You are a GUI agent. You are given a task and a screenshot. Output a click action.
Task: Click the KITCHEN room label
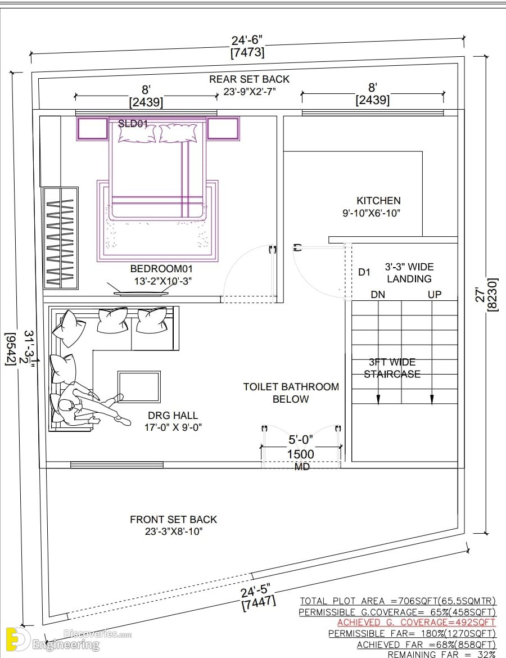378,201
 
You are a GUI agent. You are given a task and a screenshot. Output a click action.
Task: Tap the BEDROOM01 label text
161,269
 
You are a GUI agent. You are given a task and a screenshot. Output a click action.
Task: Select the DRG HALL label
173,416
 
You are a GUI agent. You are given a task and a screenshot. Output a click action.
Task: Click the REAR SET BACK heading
249,79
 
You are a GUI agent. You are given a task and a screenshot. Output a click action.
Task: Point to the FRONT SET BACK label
173,520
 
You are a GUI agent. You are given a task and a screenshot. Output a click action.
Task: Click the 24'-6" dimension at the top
247,40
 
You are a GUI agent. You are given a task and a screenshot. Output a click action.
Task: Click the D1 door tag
364,272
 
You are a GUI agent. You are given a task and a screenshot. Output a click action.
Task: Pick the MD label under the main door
302,467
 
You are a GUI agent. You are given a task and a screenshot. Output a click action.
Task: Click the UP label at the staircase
435,295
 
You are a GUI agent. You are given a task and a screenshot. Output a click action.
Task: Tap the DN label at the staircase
378,295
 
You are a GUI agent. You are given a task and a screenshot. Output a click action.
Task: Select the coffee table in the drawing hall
139,386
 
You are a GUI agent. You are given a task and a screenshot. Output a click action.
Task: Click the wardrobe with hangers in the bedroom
61,238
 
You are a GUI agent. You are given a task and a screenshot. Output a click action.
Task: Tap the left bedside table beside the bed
92,129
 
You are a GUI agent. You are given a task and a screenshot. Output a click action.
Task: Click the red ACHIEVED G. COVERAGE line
416,623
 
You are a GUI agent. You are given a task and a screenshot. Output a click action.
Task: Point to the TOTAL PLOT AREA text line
397,601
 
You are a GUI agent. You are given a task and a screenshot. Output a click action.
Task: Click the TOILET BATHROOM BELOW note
291,393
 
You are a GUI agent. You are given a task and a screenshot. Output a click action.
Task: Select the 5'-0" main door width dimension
300,440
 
